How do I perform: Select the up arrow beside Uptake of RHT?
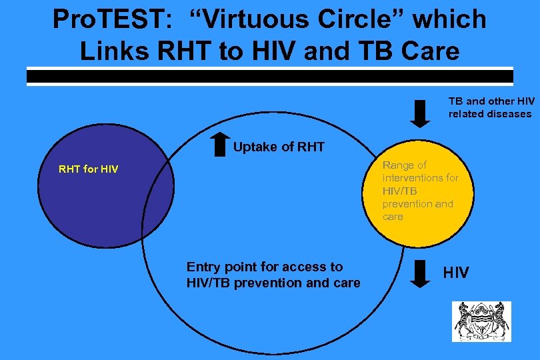point(219,145)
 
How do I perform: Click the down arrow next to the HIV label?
point(419,273)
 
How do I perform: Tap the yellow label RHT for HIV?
point(89,169)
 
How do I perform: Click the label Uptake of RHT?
point(279,147)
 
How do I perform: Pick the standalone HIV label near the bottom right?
point(456,273)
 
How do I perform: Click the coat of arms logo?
point(481,321)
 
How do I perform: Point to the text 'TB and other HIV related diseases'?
point(490,107)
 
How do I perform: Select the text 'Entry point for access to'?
point(265,267)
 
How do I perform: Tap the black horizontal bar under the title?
point(270,77)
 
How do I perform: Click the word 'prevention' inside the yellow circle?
point(408,204)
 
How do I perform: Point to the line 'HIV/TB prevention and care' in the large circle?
point(273,283)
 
